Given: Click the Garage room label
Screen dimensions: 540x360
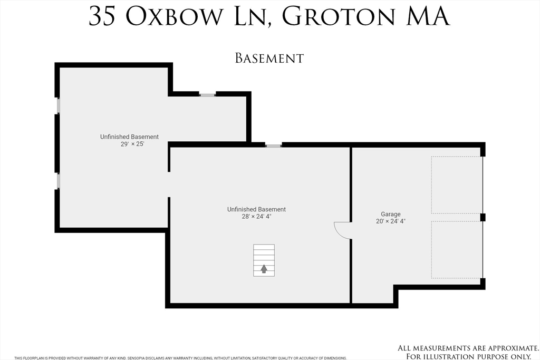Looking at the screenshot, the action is point(391,214).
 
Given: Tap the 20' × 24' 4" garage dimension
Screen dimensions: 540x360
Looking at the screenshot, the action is point(391,221).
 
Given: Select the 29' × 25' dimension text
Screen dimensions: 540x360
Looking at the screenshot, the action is point(132,144).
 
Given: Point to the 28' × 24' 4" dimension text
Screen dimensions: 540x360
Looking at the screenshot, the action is point(257,217).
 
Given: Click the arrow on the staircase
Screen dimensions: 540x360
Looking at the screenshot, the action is point(264,269).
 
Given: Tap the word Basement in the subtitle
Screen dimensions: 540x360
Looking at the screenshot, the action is point(269,58).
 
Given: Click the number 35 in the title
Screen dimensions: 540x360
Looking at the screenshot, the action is point(102,16).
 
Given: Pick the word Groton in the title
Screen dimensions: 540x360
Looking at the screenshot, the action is point(339,16).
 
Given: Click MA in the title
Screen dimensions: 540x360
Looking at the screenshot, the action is point(428,16).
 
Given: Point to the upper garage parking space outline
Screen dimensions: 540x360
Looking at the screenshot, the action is point(457,185).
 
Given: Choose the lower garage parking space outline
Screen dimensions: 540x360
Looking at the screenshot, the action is point(457,250).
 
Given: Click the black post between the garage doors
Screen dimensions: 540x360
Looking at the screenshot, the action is point(483,217).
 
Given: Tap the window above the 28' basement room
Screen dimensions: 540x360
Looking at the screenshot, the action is point(274,146).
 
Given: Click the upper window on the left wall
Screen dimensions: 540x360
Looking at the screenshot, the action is point(58,105).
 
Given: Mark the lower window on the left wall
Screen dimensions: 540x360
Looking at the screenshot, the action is point(58,181).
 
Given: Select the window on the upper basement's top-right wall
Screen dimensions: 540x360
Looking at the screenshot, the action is point(207,94).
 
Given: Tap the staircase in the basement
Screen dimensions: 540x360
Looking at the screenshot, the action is point(264,260).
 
